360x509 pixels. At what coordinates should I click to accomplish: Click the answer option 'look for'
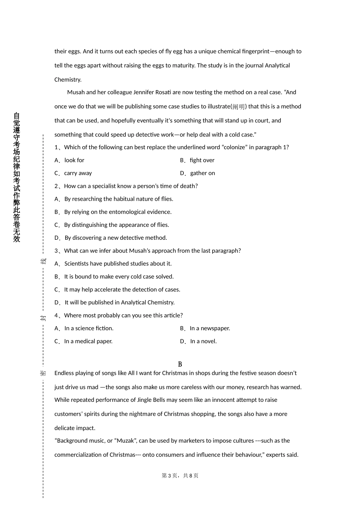[x=74, y=160]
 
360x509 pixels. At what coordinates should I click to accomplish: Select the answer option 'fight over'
[x=202, y=160]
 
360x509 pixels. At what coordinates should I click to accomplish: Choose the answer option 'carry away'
[x=78, y=173]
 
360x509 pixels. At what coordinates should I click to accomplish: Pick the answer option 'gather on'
[x=202, y=173]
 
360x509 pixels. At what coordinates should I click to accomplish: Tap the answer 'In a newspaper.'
[x=210, y=328]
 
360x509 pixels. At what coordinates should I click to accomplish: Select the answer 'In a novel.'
[x=203, y=341]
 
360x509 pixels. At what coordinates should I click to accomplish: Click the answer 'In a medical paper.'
[x=88, y=341]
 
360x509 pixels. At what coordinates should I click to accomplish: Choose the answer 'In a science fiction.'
[x=89, y=328]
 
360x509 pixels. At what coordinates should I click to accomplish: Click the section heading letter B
[x=180, y=364]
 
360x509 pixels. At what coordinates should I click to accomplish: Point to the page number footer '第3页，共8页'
[x=180, y=476]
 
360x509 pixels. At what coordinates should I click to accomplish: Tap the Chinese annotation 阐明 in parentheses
[x=239, y=107]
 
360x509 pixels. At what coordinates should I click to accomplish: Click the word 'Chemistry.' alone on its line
[x=68, y=80]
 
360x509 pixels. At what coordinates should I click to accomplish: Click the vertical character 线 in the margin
[x=43, y=261]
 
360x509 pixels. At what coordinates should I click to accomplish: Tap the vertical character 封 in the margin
[x=43, y=318]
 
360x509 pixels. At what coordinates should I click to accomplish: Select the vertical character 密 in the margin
[x=43, y=373]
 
